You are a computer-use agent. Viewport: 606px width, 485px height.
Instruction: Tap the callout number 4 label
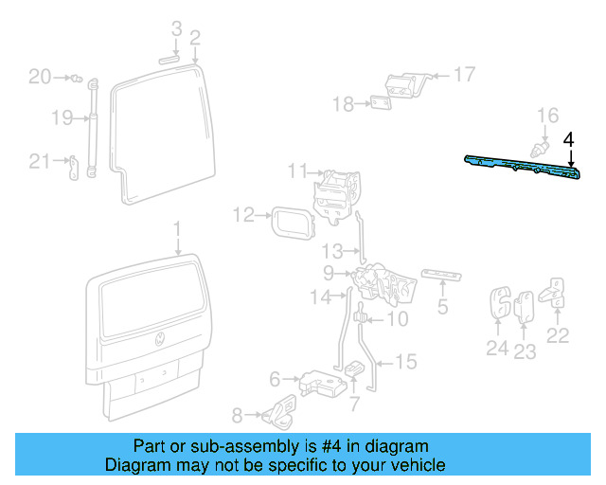point(568,140)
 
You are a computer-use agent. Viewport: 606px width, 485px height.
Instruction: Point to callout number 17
point(464,74)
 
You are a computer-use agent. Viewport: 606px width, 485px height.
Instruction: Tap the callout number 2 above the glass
point(195,38)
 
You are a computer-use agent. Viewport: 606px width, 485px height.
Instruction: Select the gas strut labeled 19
point(93,128)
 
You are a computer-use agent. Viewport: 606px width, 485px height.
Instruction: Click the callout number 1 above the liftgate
point(175,228)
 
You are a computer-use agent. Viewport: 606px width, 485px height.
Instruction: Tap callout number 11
point(299,171)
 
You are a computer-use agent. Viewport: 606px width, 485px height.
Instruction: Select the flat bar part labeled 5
point(442,275)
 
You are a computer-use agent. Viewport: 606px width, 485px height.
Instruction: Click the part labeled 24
point(498,304)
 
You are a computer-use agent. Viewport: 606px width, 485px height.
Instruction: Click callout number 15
point(405,361)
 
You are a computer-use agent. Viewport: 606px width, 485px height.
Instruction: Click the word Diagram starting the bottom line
point(134,465)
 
